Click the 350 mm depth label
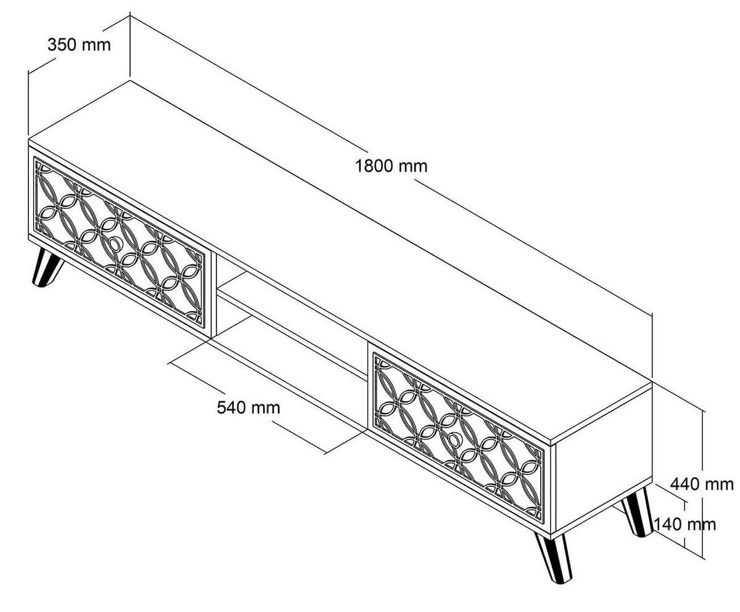(x=79, y=44)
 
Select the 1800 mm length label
(x=391, y=166)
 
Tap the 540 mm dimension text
(x=249, y=407)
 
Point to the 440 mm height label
(x=702, y=484)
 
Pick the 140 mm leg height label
(x=684, y=524)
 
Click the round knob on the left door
(x=115, y=245)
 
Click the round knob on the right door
(x=455, y=439)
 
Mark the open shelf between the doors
(x=290, y=320)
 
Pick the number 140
(x=668, y=524)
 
